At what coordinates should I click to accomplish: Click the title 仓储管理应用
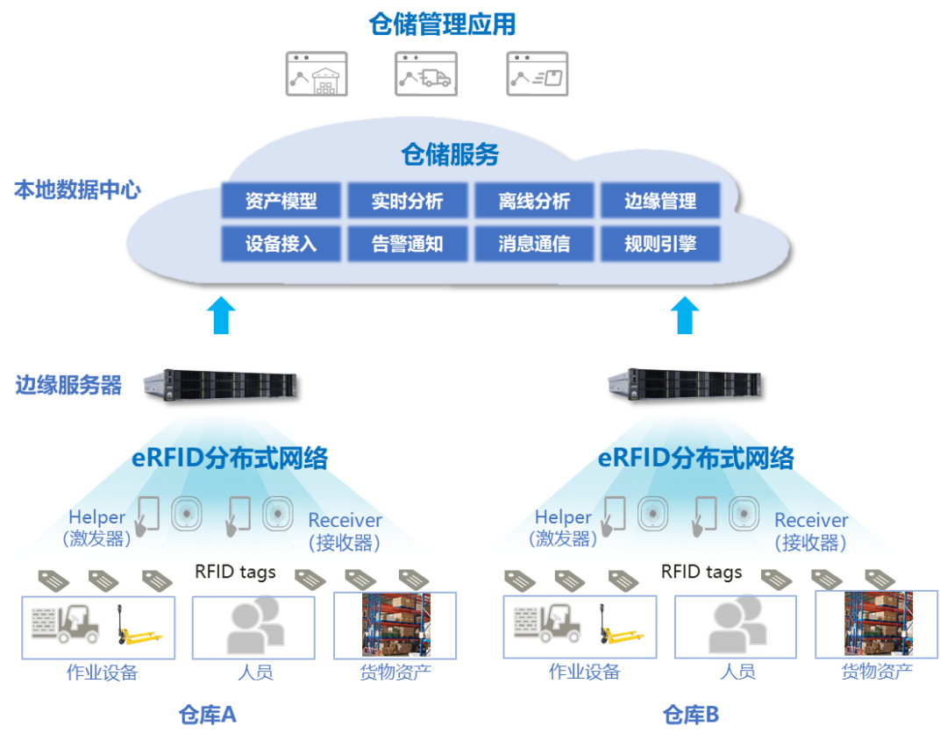(x=442, y=24)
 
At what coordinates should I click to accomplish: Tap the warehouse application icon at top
(x=317, y=74)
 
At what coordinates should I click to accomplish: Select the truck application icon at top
(x=426, y=74)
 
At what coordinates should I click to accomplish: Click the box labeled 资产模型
(x=281, y=201)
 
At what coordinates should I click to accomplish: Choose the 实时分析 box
(x=407, y=201)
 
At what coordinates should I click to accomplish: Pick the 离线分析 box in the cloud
(x=534, y=201)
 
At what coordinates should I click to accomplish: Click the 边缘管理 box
(x=660, y=201)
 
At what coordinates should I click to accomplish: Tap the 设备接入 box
(x=281, y=244)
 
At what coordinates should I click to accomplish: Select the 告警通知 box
(x=407, y=244)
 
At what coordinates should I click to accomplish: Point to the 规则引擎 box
(x=660, y=244)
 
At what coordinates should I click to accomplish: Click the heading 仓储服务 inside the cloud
(x=450, y=155)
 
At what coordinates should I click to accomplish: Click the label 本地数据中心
(x=76, y=190)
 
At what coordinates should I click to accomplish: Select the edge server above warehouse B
(x=685, y=383)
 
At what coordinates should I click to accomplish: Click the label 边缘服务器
(x=68, y=385)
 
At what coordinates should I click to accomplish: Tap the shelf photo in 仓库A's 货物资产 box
(x=395, y=624)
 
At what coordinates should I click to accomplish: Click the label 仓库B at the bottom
(x=690, y=715)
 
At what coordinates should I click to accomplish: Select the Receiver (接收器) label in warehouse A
(x=345, y=531)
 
